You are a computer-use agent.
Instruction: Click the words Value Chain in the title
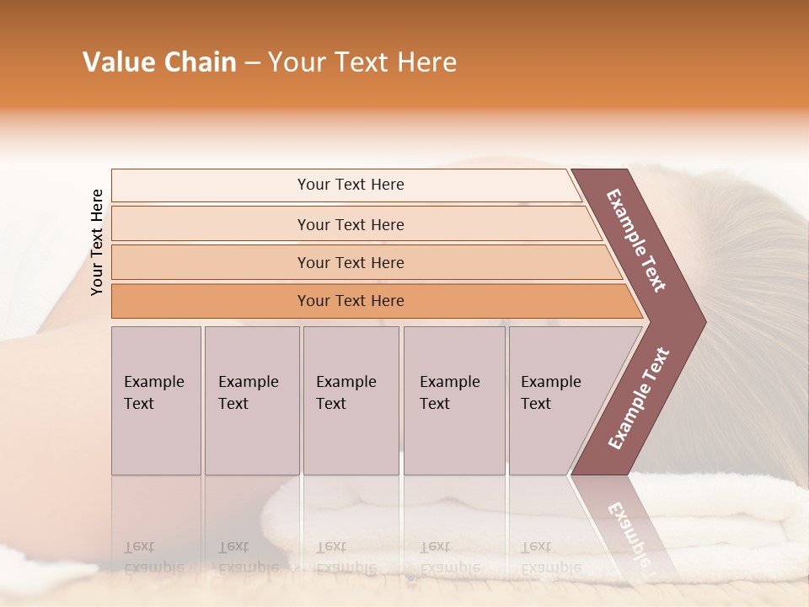[159, 62]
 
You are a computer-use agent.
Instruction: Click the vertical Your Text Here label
[97, 242]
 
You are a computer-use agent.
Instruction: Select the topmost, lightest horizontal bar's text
[351, 185]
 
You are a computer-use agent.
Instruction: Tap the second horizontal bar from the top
[351, 224]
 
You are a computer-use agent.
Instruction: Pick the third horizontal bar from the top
[351, 263]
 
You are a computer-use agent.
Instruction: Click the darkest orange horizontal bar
[351, 301]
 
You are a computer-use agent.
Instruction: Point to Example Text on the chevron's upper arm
[637, 240]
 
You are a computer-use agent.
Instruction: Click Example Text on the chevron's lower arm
[639, 398]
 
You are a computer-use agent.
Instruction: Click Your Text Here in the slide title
[362, 62]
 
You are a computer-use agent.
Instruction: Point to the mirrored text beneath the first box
[154, 557]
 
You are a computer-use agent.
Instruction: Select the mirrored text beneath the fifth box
[551, 557]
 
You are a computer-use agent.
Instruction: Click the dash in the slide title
[252, 62]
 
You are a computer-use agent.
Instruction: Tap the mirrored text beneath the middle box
[346, 557]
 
